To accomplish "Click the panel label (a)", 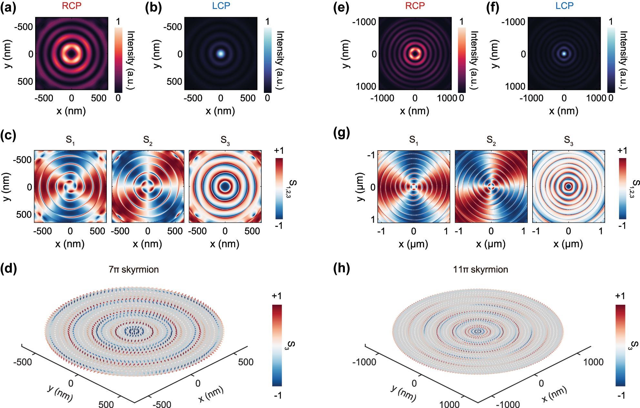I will pyautogui.click(x=8, y=7).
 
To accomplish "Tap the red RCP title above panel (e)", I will pyautogui.click(x=415, y=6).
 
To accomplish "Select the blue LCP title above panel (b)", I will pyautogui.click(x=221, y=6).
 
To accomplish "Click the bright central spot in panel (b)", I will pyautogui.click(x=221, y=54).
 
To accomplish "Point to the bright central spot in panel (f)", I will pyautogui.click(x=564, y=54).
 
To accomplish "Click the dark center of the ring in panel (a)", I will pyautogui.click(x=71, y=53).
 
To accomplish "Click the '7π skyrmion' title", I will pyautogui.click(x=134, y=269).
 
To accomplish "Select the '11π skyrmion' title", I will pyautogui.click(x=480, y=269).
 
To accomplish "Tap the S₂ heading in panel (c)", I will pyautogui.click(x=148, y=140).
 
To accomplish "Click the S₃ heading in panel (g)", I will pyautogui.click(x=568, y=140).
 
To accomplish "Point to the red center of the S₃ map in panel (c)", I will pyautogui.click(x=225, y=186).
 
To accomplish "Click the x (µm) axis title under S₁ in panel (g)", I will pyautogui.click(x=413, y=244).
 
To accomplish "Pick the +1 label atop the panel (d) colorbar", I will pyautogui.click(x=277, y=296).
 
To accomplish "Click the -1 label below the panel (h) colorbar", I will pyautogui.click(x=621, y=395).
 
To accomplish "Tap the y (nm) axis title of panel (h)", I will pyautogui.click(x=403, y=393).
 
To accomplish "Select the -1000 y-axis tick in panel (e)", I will pyautogui.click(x=364, y=22).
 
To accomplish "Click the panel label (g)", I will pyautogui.click(x=341, y=133).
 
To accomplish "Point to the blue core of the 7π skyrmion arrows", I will pyautogui.click(x=135, y=331).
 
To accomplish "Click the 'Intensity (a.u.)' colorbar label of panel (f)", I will pyautogui.click(x=623, y=60).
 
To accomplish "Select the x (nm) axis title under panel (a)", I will pyautogui.click(x=71, y=111).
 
